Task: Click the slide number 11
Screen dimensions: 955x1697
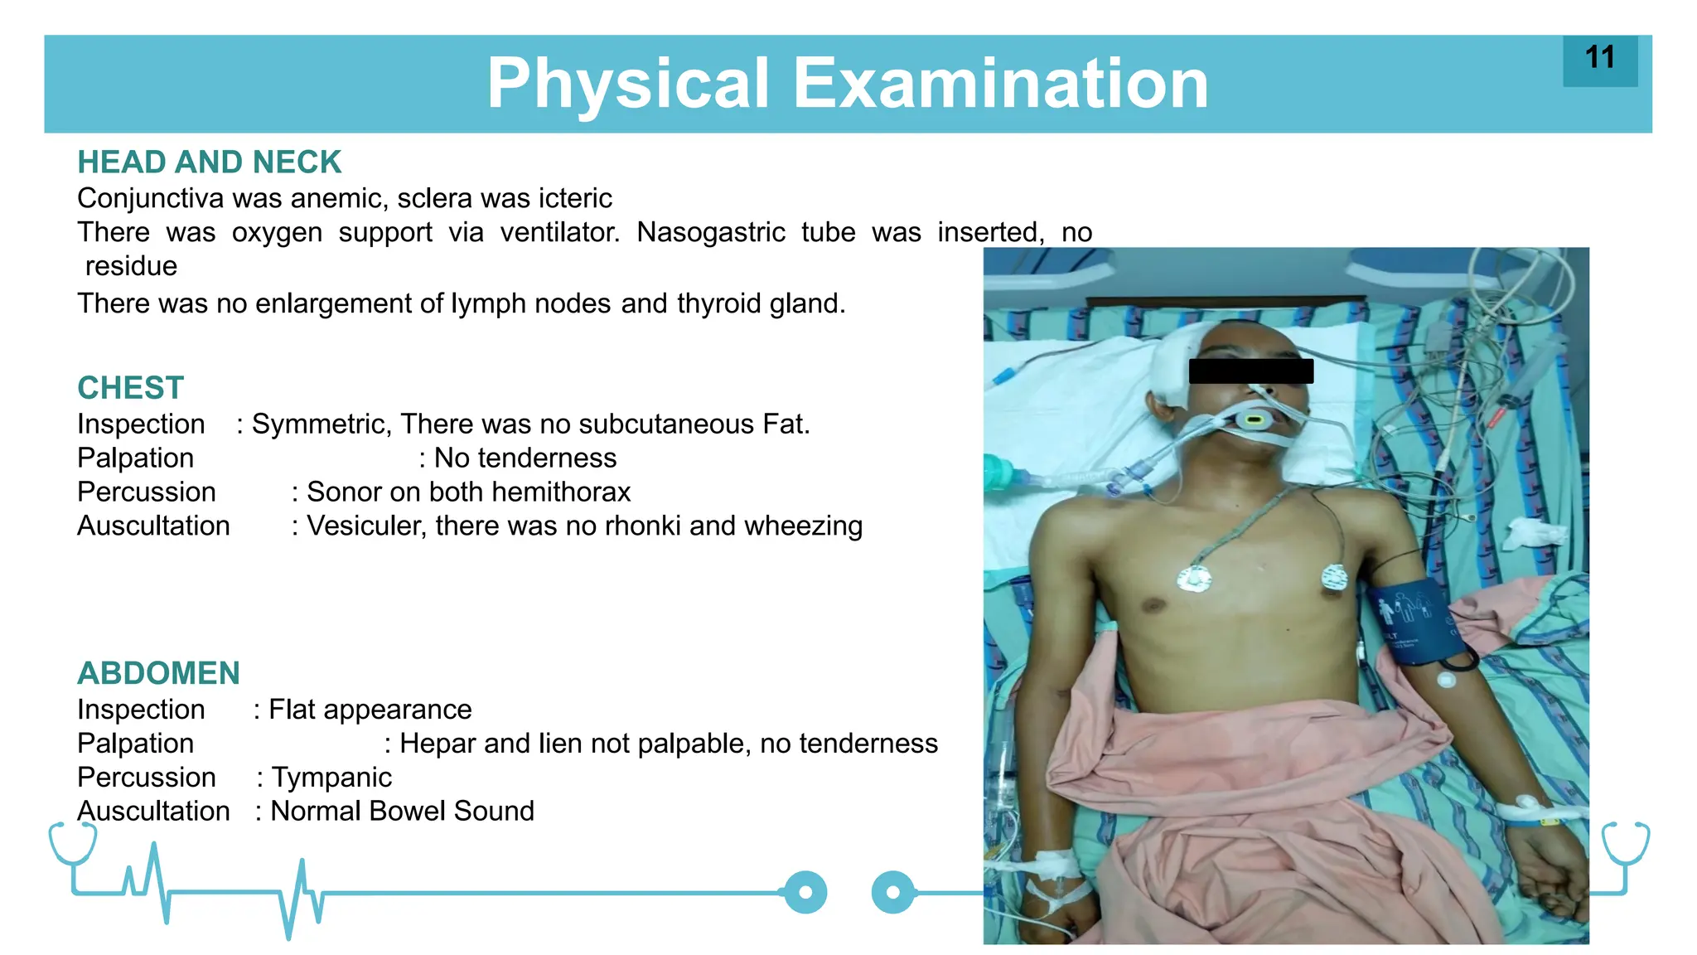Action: click(x=1599, y=58)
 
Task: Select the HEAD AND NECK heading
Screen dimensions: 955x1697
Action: click(x=209, y=162)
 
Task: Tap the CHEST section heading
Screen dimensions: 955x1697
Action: click(x=130, y=388)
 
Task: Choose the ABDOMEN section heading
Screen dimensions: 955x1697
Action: click(x=158, y=673)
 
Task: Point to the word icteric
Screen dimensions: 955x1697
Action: click(x=575, y=199)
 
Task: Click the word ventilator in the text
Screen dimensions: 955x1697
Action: click(x=559, y=232)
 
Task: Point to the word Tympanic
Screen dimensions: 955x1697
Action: click(x=331, y=778)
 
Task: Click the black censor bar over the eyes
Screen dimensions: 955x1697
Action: click(x=1250, y=371)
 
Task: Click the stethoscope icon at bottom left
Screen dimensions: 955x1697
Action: click(x=72, y=844)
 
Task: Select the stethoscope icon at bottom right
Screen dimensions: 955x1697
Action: click(x=1625, y=844)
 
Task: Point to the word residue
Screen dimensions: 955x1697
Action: click(x=131, y=266)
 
